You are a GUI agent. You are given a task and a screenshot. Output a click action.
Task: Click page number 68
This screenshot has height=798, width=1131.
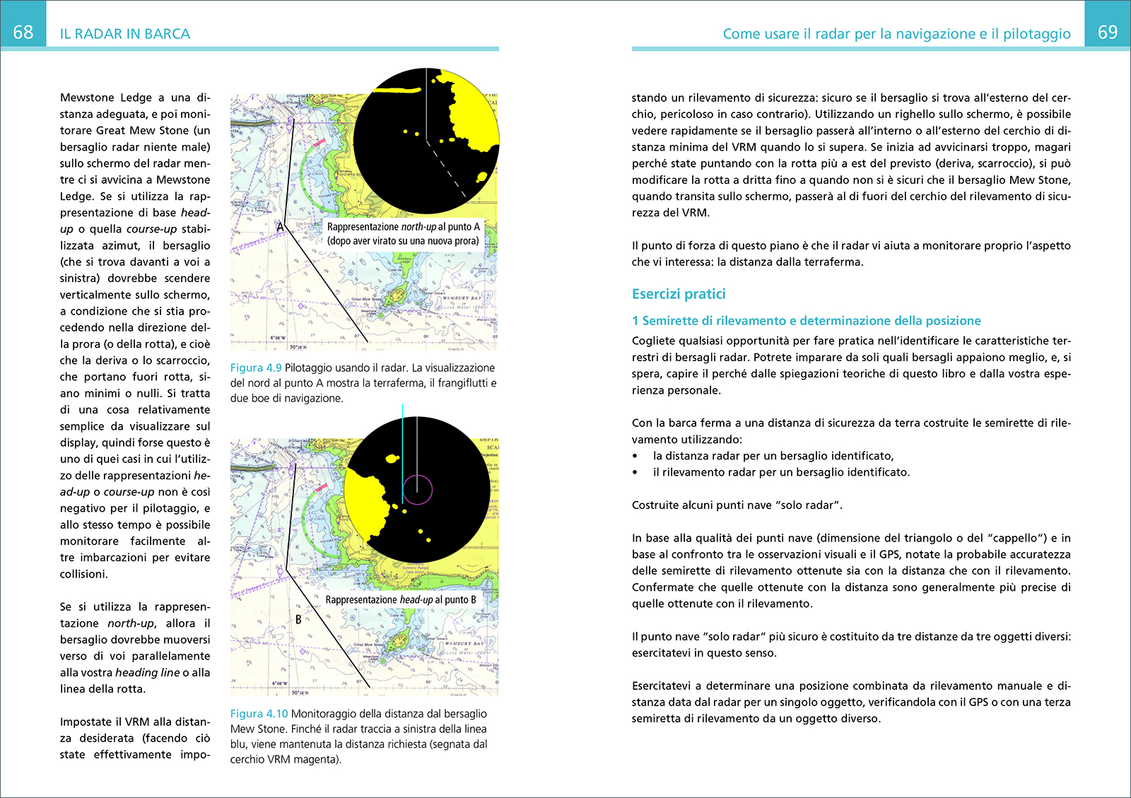pyautogui.click(x=23, y=32)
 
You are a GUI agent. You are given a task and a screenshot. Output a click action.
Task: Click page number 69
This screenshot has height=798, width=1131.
pyautogui.click(x=1108, y=32)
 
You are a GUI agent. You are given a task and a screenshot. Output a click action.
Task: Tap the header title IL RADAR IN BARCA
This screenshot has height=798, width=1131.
pyautogui.click(x=125, y=34)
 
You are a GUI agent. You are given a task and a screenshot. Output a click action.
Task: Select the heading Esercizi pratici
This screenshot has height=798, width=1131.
pyautogui.click(x=679, y=294)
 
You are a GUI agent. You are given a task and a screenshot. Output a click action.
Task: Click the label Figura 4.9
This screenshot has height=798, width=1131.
pyautogui.click(x=256, y=368)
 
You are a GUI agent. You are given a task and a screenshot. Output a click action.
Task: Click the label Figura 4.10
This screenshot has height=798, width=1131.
pyautogui.click(x=259, y=714)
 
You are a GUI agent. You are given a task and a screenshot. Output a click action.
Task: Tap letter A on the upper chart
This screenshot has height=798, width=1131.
pyautogui.click(x=280, y=227)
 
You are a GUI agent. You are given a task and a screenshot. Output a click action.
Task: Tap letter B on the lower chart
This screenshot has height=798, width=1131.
pyautogui.click(x=298, y=620)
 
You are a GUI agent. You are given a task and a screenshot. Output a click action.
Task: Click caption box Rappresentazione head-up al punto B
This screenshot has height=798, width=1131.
pyautogui.click(x=401, y=599)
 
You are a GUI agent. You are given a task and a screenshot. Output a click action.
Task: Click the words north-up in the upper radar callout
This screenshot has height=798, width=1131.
pyautogui.click(x=418, y=227)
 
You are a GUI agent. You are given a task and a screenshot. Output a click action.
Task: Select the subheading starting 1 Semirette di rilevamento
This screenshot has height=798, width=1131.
pyautogui.click(x=807, y=321)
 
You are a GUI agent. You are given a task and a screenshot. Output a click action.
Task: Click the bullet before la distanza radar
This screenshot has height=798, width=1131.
pyautogui.click(x=635, y=457)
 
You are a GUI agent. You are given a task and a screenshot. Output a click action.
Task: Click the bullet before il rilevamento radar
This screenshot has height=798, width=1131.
pyautogui.click(x=635, y=473)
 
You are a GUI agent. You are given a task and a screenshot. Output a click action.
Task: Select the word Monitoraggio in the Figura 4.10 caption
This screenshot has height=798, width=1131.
pyautogui.click(x=324, y=714)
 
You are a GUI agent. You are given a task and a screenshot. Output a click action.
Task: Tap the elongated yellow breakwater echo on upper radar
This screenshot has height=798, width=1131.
pyautogui.click(x=397, y=90)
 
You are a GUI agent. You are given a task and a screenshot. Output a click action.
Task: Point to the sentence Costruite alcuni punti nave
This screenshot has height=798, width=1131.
pyautogui.click(x=737, y=505)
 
